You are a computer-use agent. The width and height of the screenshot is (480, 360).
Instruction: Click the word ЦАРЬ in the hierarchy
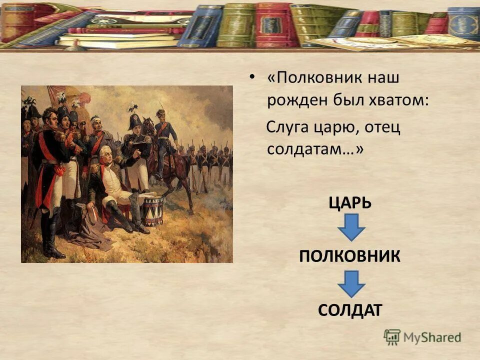click(x=349, y=203)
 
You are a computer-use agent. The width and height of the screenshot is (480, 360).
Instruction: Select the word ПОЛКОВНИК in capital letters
click(x=349, y=256)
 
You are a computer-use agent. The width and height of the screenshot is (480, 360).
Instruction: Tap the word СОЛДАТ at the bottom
click(x=349, y=309)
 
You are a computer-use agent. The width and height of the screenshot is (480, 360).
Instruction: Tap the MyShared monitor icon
click(x=392, y=337)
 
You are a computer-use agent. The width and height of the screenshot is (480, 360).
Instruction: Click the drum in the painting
click(x=153, y=210)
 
